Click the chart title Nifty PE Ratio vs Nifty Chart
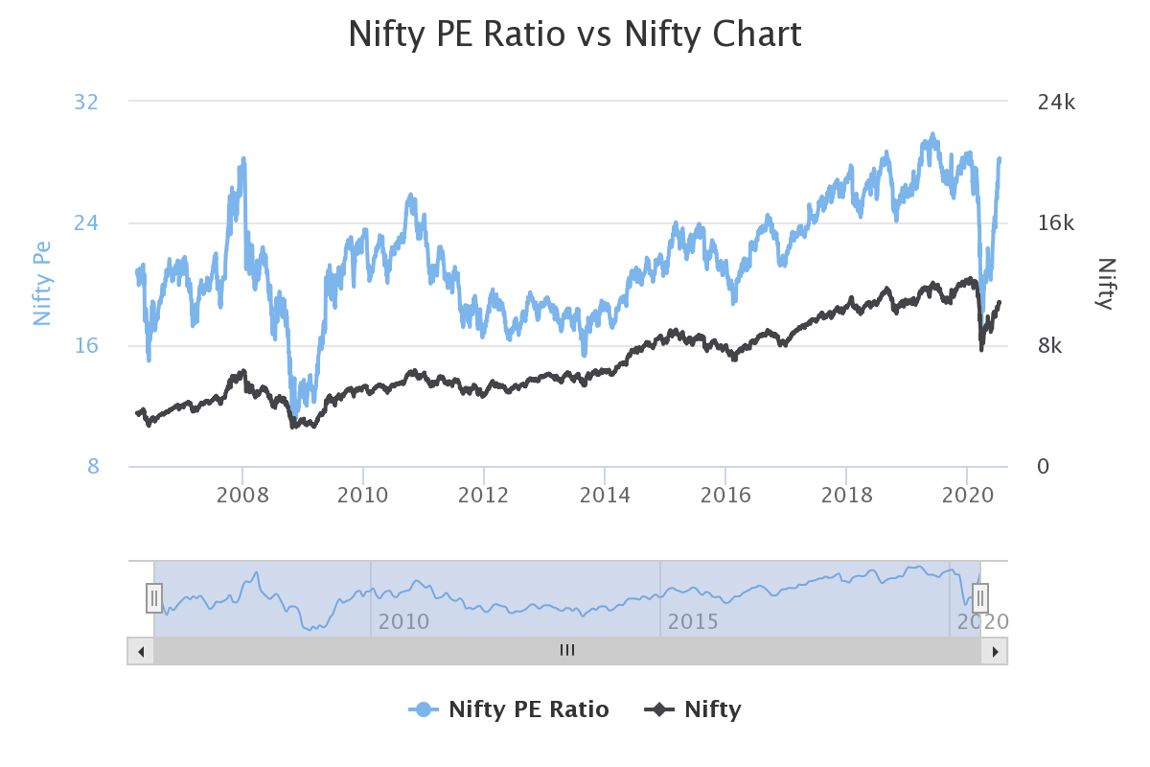574,35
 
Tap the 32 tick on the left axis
86,102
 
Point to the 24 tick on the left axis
86,223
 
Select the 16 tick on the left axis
86,345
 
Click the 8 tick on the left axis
93,467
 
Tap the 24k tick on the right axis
1057,102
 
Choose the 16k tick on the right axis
1057,223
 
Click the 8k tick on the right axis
1051,345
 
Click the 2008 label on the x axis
242,495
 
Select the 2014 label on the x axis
605,495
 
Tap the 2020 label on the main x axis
967,495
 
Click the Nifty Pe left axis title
42,284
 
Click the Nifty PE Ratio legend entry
509,709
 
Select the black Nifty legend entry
693,709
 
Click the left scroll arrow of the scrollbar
140,651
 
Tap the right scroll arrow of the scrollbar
994,651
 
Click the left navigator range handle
153,597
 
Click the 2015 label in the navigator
693,621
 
